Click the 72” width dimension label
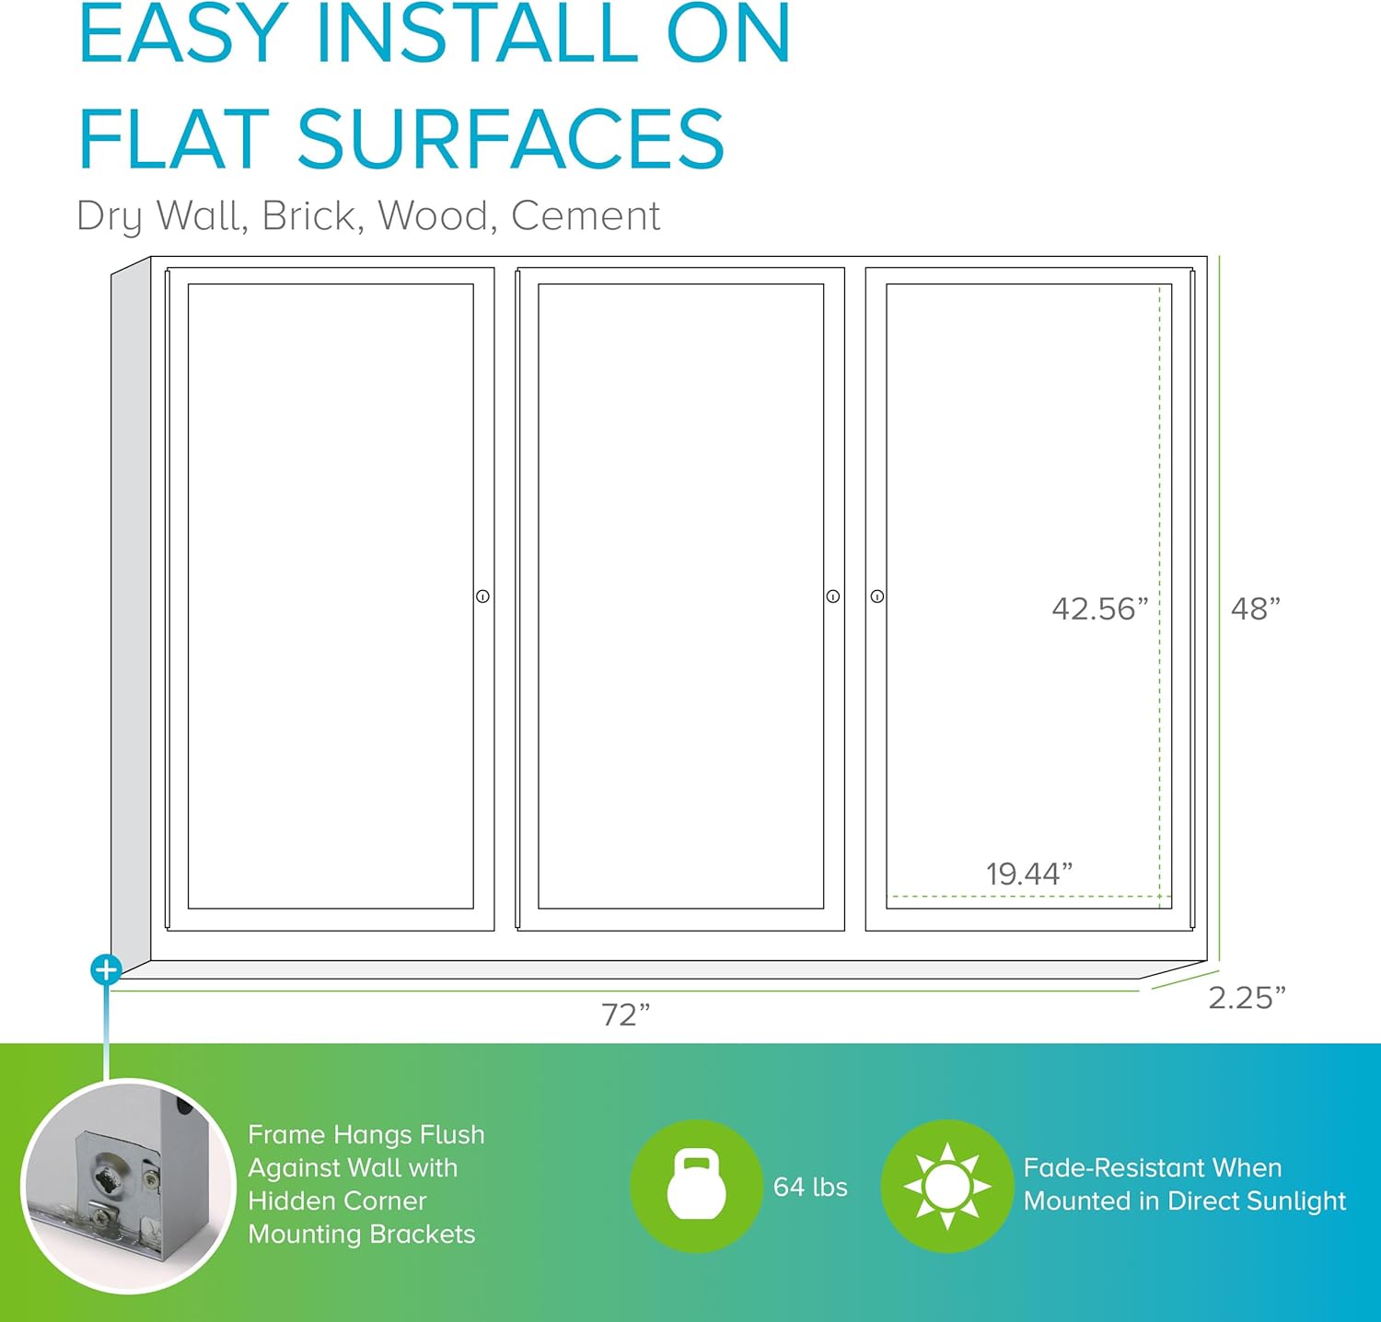(626, 1015)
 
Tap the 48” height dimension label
(1256, 609)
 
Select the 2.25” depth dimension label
(1247, 998)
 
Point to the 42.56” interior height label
(1100, 609)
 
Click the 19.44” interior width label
(1029, 874)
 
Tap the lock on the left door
(482, 597)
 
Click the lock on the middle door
(833, 597)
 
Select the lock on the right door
(877, 597)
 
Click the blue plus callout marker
(106, 969)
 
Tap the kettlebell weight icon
(696, 1186)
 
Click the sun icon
(946, 1186)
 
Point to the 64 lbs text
(810, 1187)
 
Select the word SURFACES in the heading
(510, 139)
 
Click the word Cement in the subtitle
(586, 216)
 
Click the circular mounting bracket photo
(129, 1187)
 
